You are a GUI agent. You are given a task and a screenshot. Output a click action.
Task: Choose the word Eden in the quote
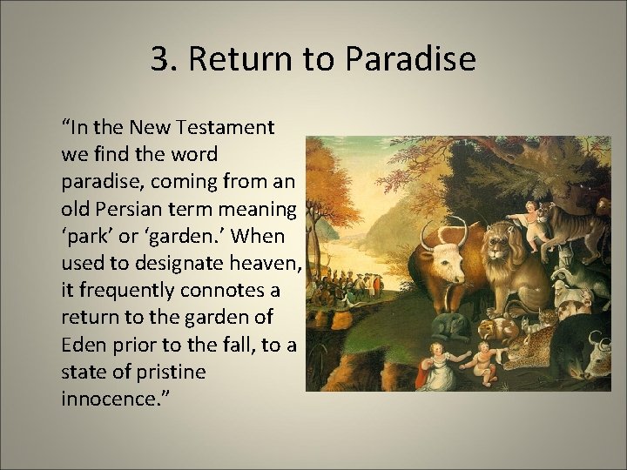pos(82,346)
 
